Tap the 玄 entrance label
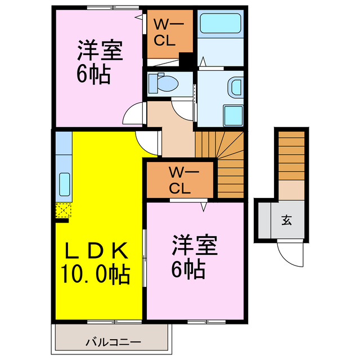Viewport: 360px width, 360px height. (x=286, y=220)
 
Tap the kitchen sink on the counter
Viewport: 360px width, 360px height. (x=64, y=184)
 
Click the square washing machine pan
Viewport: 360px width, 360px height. (x=232, y=116)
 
